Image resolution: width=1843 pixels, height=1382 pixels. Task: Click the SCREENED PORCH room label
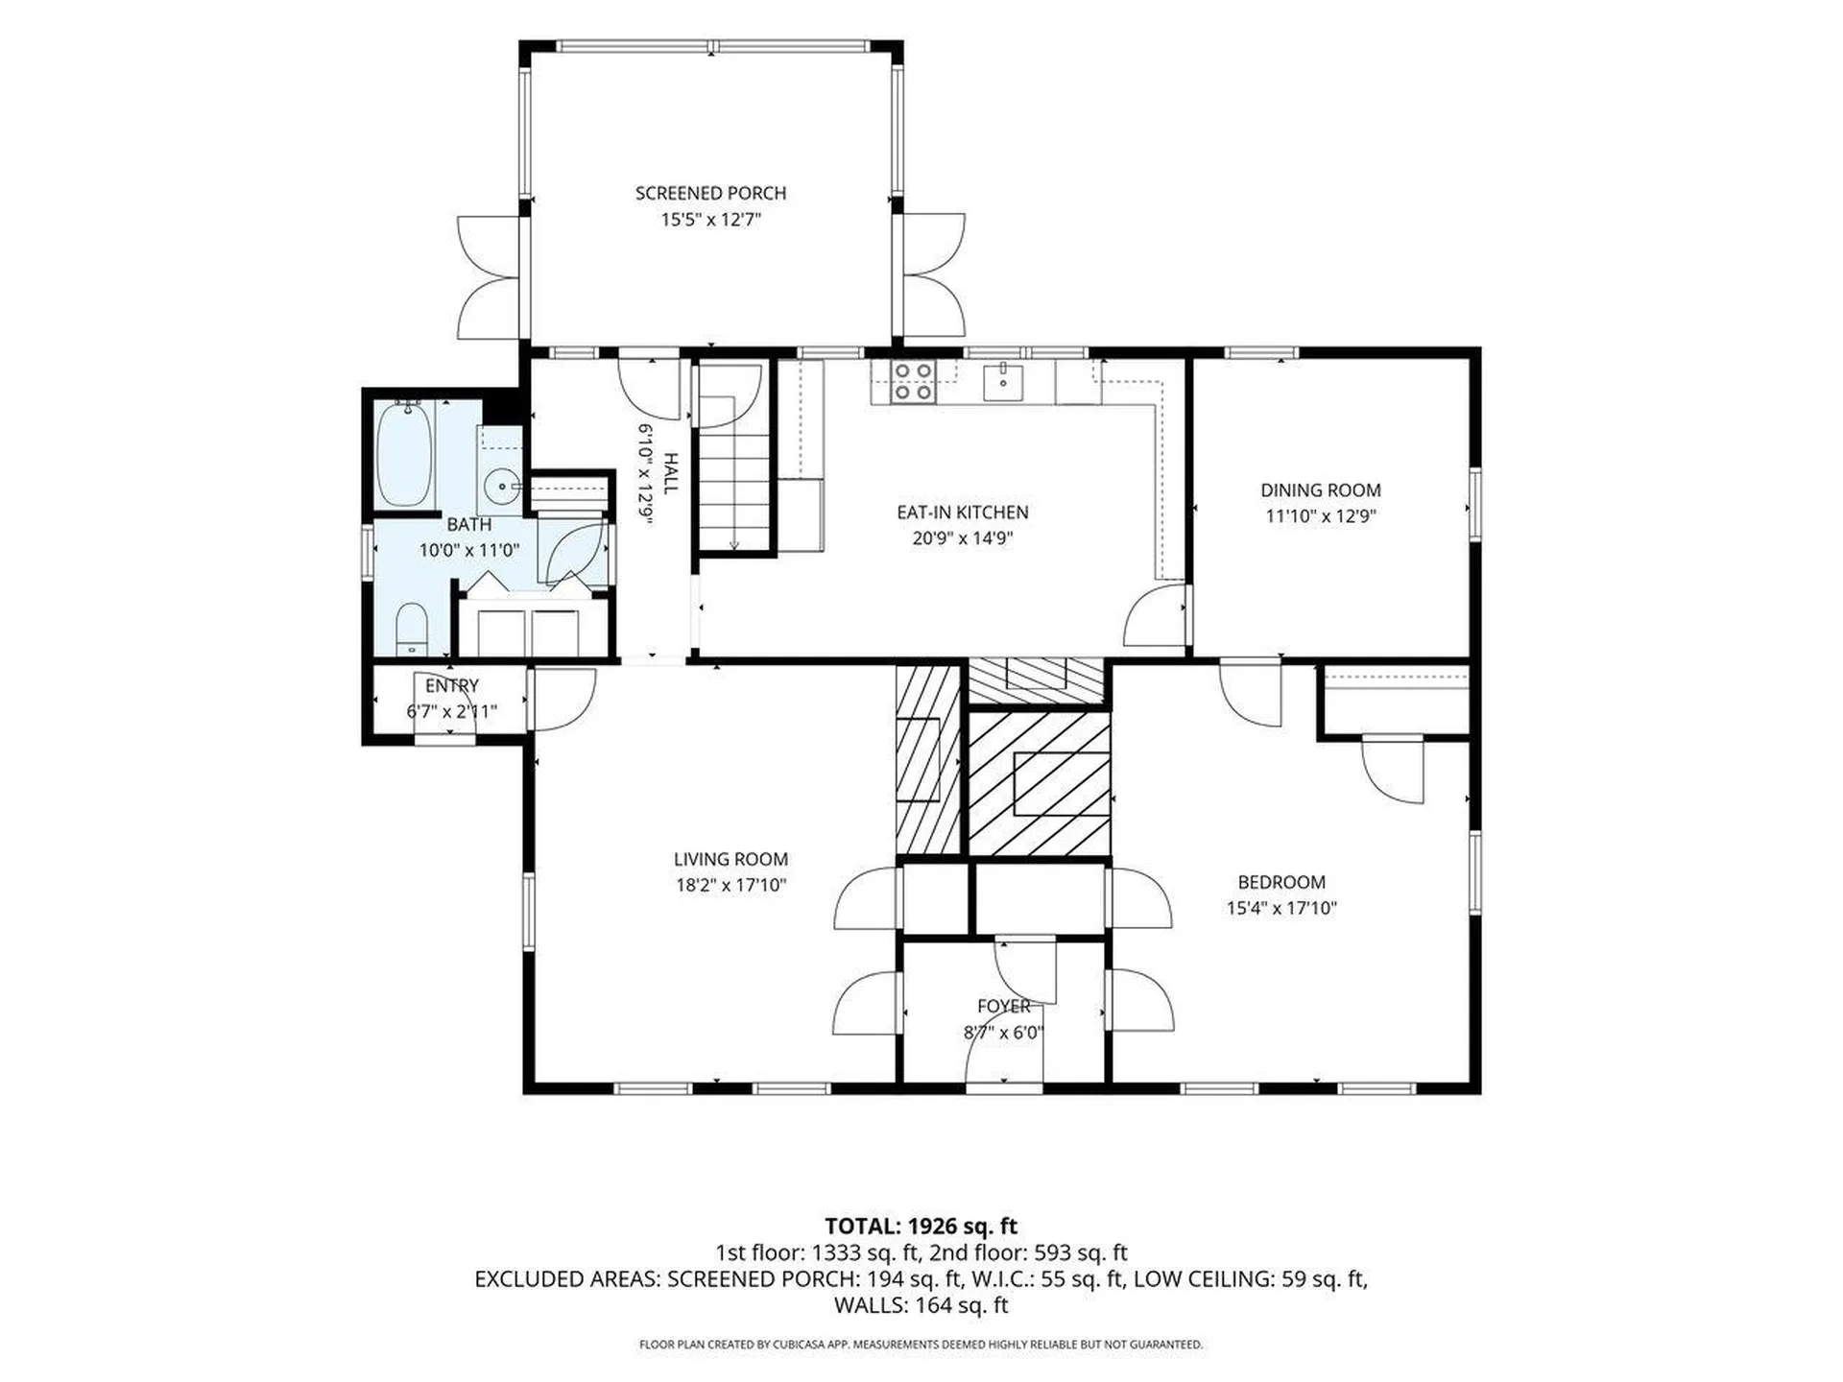[x=710, y=193]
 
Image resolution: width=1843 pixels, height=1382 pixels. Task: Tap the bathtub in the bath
[x=404, y=455]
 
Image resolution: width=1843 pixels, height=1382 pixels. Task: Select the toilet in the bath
[x=411, y=629]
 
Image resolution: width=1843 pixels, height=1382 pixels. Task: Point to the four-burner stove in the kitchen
[x=914, y=382]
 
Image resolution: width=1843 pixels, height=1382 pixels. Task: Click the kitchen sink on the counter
[x=1002, y=382]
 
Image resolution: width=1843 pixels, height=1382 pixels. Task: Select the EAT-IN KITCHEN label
[x=962, y=512]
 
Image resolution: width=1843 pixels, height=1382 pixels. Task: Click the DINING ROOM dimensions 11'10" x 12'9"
[x=1321, y=516]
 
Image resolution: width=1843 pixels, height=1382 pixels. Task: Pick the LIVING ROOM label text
[x=730, y=860]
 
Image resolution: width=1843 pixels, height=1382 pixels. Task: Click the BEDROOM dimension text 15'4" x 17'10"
[x=1281, y=908]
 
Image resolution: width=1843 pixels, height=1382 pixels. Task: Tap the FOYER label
[x=1004, y=1006]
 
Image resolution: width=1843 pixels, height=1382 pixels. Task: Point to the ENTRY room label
[x=451, y=686]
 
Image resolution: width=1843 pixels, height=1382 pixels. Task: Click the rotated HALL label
[x=670, y=473]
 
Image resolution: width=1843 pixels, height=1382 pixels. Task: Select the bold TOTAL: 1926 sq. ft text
[x=921, y=1226]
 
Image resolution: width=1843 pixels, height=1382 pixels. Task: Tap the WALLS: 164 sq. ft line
[x=921, y=1305]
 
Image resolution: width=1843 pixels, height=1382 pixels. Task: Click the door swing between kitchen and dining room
[x=1155, y=615]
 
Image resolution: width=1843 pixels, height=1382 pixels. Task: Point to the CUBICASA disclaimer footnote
[x=921, y=1345]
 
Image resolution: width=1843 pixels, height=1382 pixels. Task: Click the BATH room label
[x=468, y=525]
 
